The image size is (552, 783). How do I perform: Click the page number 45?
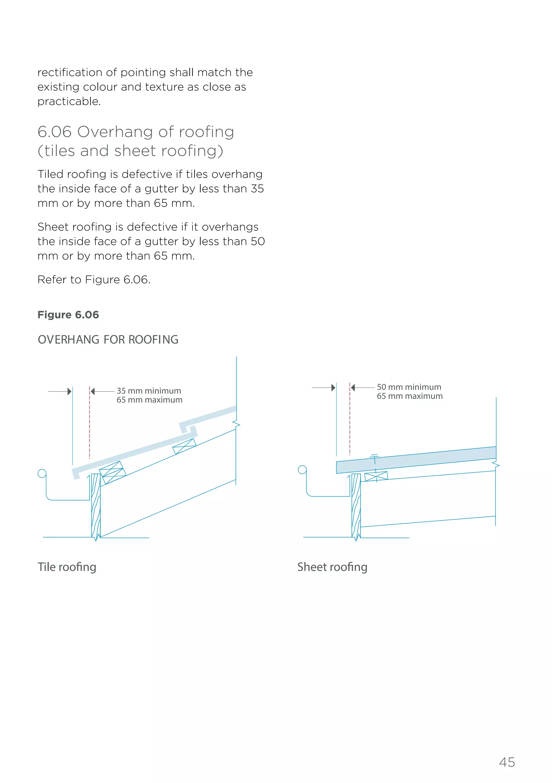pos(507,762)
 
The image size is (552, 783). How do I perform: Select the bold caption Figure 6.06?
pos(68,315)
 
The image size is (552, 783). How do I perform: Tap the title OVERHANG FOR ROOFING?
pos(108,340)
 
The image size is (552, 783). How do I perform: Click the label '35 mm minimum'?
pos(149,391)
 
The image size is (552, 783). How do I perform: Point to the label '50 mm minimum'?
pos(409,387)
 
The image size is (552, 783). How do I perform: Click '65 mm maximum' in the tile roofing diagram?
pos(149,400)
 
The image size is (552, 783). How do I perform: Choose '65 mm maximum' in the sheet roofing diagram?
pos(409,396)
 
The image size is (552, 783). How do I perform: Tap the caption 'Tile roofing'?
pos(67,567)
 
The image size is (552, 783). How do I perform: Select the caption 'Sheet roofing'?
pos(332,567)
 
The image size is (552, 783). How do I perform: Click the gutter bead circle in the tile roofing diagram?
pos(42,473)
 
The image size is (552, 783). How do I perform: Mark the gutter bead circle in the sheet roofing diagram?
pos(302,470)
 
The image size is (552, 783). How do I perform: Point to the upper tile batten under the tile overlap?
pos(184,446)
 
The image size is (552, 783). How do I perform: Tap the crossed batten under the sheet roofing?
pos(376,476)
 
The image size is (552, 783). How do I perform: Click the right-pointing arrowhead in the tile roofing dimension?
pos(70,391)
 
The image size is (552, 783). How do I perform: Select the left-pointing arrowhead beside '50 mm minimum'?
pos(353,387)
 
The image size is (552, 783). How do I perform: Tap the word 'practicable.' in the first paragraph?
pos(69,102)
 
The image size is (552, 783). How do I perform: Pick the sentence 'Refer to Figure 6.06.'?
pos(94,280)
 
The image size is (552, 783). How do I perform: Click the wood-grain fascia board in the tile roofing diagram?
pos(96,505)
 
